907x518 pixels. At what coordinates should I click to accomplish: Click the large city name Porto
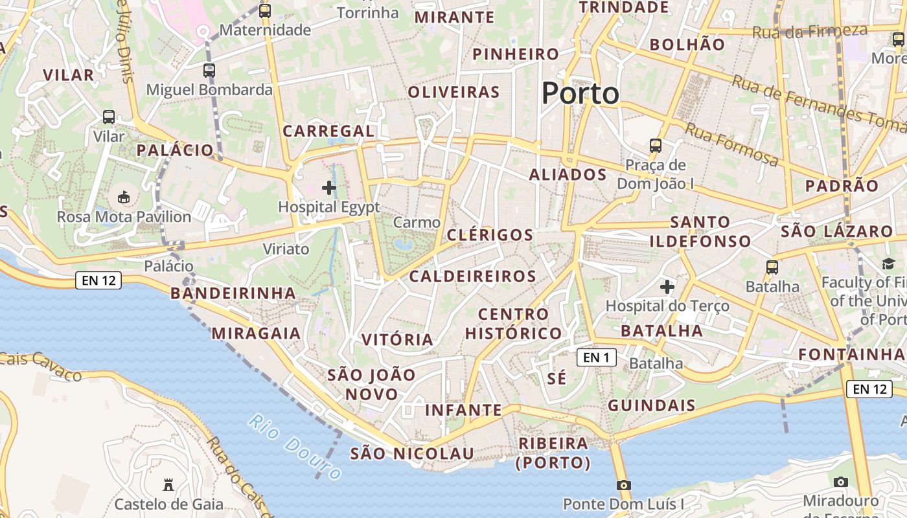tap(580, 94)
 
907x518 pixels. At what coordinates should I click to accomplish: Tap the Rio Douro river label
tap(295, 447)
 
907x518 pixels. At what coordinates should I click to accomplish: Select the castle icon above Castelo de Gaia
tap(168, 484)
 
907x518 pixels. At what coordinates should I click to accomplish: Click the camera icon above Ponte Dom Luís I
tap(623, 485)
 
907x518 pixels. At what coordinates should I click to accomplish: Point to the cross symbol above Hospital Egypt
tap(329, 188)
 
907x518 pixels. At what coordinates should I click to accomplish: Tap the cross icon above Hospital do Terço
tap(667, 286)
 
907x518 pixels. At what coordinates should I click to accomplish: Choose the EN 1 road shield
tap(596, 357)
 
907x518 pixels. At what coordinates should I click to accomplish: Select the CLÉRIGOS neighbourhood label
tap(490, 235)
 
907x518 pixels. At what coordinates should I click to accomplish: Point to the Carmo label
tap(417, 223)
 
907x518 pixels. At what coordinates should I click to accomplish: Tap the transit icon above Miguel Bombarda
tap(209, 71)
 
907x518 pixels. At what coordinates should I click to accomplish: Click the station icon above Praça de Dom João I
tap(656, 145)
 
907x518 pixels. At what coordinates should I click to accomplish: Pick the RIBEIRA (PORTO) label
tap(553, 453)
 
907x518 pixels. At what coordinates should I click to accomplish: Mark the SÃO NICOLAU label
tap(412, 454)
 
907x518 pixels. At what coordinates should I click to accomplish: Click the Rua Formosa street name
tap(732, 144)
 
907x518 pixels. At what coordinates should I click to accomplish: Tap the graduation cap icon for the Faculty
tap(888, 264)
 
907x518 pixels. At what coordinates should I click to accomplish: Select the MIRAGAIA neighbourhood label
tap(256, 333)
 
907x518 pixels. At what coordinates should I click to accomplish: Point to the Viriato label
tap(286, 249)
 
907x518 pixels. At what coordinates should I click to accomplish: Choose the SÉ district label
tap(557, 378)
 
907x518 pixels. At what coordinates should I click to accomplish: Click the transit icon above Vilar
tap(109, 117)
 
